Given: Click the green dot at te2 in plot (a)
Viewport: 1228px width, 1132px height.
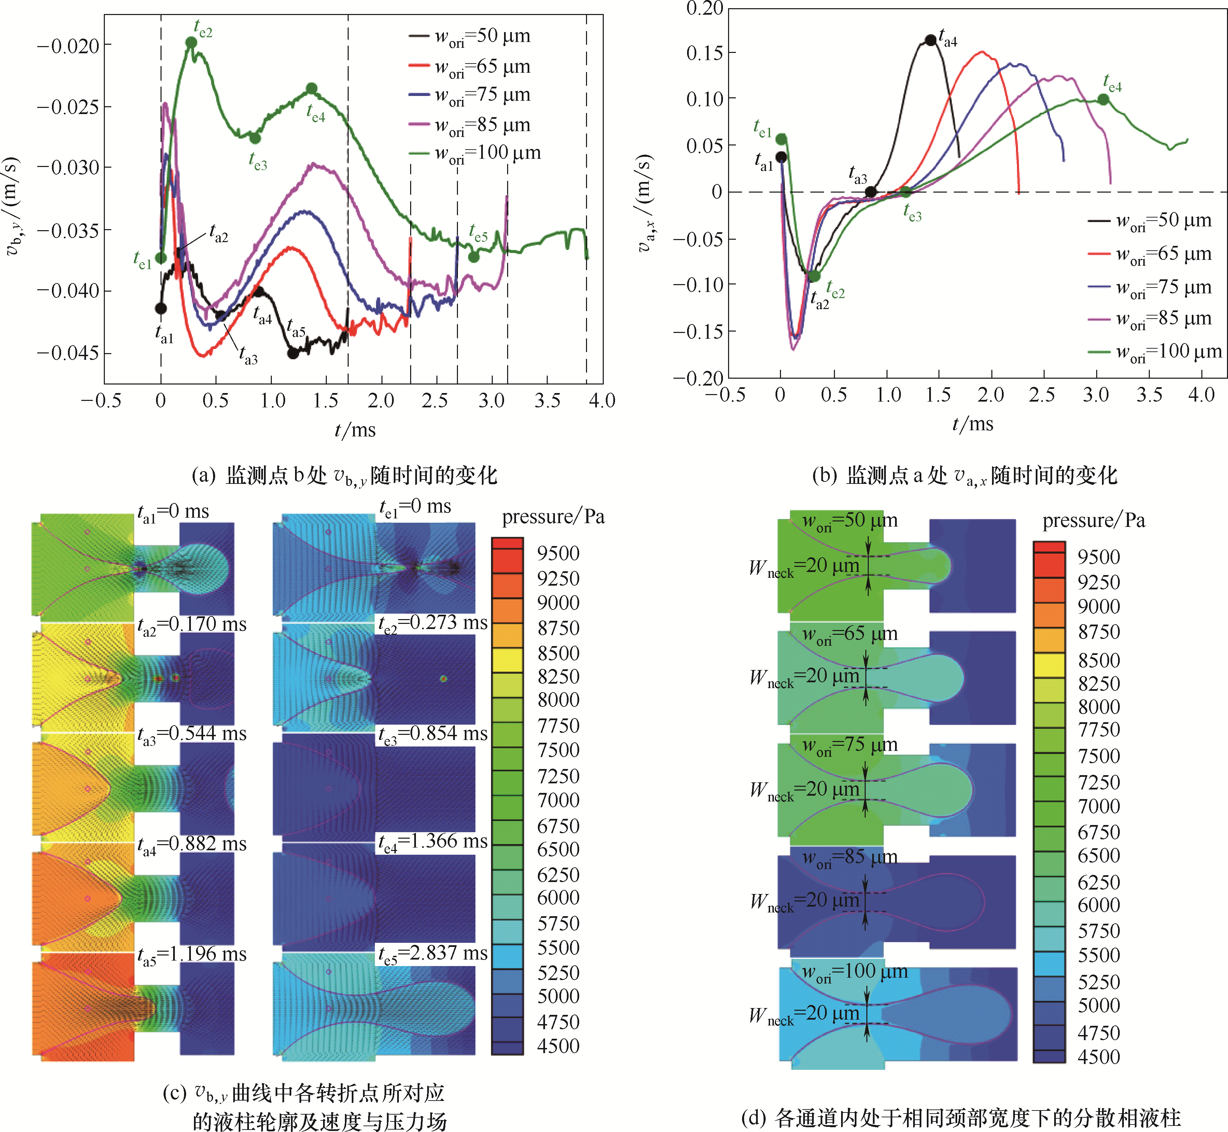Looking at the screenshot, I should point(191,42).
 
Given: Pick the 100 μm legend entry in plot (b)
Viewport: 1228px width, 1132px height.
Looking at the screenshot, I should point(1155,352).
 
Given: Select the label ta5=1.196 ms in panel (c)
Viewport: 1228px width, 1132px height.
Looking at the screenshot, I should point(191,954).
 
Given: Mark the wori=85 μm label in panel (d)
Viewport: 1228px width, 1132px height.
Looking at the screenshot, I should point(850,857).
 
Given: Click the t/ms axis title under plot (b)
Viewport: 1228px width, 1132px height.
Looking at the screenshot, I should point(973,424).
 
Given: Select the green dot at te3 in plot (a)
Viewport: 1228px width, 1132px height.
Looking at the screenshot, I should point(255,138).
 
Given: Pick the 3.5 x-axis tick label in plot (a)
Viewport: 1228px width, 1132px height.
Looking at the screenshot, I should point(547,401).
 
